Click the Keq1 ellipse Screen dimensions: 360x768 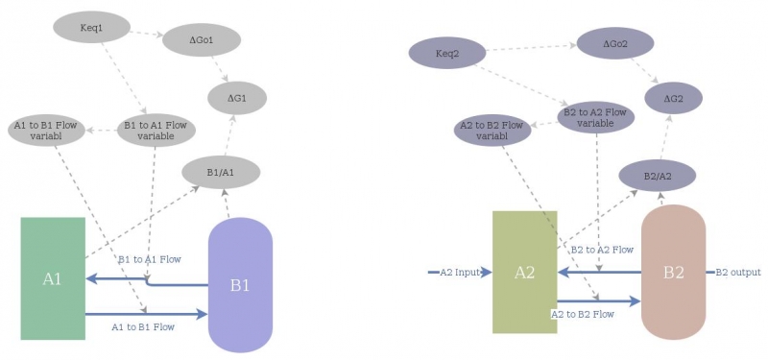(91, 28)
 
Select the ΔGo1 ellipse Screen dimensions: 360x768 (202, 40)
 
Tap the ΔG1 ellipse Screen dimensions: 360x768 (237, 98)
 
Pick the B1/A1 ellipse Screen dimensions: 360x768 (221, 173)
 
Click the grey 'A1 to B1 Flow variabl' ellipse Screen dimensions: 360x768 (47, 131)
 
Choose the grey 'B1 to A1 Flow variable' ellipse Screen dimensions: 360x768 (156, 131)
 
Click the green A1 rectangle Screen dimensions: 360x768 (53, 278)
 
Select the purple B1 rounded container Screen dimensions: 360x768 (240, 285)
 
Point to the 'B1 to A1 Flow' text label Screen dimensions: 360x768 (149, 259)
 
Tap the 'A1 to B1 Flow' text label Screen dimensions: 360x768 (143, 327)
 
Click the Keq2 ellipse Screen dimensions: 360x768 (447, 53)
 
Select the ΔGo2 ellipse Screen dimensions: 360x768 (615, 43)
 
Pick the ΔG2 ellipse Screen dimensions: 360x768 (673, 98)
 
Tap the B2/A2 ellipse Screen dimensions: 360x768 (657, 176)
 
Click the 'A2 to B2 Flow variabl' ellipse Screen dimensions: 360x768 (492, 131)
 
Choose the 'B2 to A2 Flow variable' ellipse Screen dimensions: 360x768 (596, 118)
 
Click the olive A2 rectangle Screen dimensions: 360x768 (524, 273)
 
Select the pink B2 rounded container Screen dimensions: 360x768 (673, 273)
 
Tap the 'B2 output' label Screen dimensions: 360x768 (738, 273)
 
